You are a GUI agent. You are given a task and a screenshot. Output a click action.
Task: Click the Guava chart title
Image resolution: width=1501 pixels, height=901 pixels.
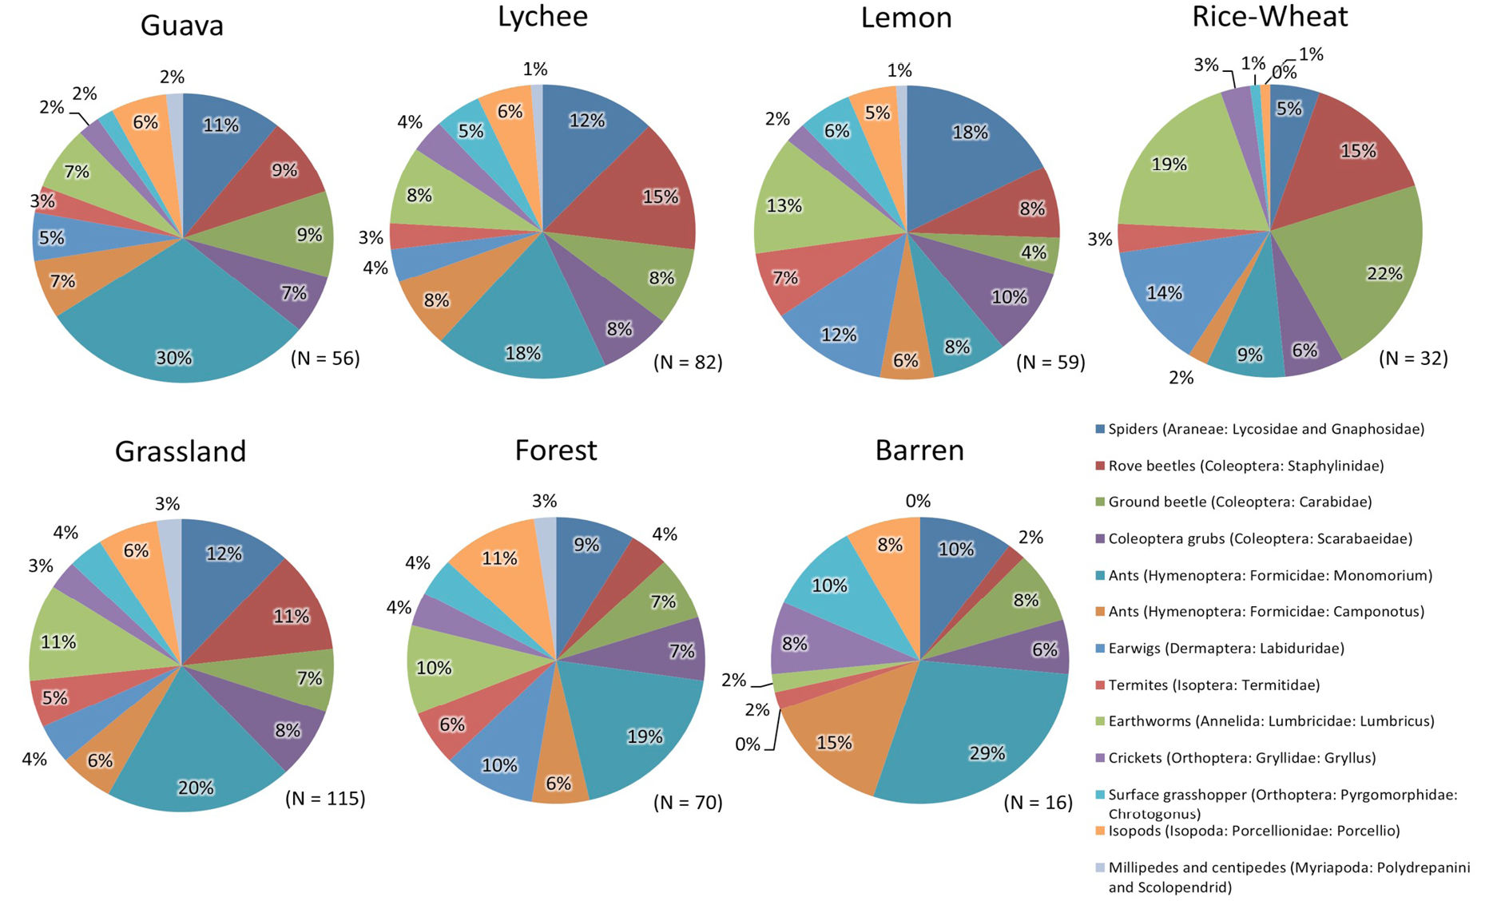click(181, 26)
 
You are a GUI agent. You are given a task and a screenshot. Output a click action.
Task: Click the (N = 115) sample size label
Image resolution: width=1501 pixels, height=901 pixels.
click(325, 798)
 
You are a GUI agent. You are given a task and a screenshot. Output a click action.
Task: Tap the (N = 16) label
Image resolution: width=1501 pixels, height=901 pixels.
click(1038, 802)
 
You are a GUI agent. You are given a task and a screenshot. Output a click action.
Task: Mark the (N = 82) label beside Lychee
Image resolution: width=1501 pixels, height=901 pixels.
click(688, 362)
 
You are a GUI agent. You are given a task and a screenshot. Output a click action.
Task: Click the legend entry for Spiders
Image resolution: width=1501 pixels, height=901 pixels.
click(1260, 429)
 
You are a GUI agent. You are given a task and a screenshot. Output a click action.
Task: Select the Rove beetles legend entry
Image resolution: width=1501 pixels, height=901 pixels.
click(1240, 466)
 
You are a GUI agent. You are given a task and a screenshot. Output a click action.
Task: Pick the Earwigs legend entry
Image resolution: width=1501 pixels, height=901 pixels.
click(1220, 648)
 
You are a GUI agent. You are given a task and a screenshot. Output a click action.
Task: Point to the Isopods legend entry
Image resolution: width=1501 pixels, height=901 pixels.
click(1248, 831)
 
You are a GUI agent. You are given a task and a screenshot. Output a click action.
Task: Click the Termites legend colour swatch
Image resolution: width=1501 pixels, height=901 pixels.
click(1100, 685)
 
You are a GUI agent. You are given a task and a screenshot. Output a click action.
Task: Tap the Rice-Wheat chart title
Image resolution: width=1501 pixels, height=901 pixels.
click(1269, 16)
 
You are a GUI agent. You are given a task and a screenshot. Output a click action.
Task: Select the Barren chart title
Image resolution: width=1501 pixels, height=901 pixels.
click(919, 450)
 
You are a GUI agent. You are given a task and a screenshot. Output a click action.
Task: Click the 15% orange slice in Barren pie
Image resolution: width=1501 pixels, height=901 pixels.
click(831, 739)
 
